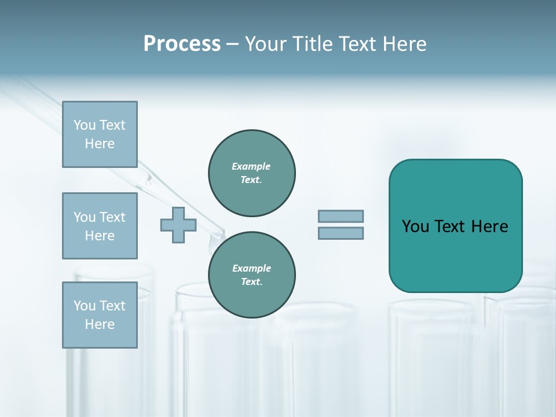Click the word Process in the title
point(182,44)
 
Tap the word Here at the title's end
point(403,44)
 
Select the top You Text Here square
point(100,134)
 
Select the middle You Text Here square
point(100,226)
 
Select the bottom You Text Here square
point(100,315)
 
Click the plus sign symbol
point(178,225)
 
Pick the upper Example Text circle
point(252,173)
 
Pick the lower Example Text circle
point(252,275)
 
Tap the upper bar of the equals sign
point(341,217)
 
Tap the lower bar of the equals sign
point(341,233)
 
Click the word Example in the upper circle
point(251,166)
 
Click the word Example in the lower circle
point(251,268)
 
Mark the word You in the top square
point(84,125)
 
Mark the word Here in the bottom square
point(100,324)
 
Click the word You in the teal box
point(415,226)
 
